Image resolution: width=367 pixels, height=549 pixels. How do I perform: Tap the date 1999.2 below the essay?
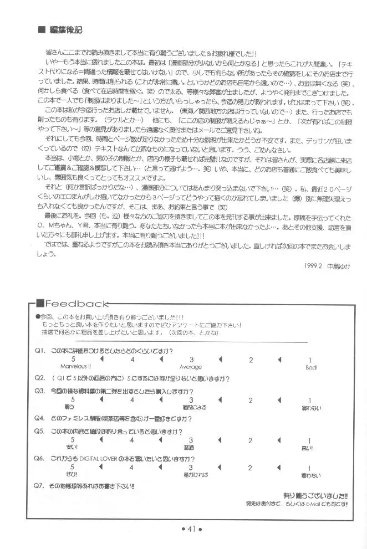[x=313, y=265]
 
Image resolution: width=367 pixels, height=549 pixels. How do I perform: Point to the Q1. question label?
[x=39, y=351]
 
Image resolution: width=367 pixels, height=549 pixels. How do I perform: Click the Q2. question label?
[x=39, y=379]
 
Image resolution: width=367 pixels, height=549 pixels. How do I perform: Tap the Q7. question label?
[x=39, y=486]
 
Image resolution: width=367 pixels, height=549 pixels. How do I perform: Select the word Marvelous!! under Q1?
[x=77, y=367]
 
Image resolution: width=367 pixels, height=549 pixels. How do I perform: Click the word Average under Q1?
[x=190, y=367]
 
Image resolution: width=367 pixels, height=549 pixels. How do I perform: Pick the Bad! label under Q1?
[x=311, y=367]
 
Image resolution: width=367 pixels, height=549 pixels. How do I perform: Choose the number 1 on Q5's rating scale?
[x=309, y=440]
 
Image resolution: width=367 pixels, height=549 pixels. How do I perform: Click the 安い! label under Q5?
[x=73, y=448]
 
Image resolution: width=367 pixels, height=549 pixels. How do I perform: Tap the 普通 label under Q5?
[x=190, y=448]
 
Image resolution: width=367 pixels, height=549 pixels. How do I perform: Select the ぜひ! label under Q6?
[x=73, y=475]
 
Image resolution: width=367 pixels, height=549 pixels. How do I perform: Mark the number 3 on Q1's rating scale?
[x=191, y=360]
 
